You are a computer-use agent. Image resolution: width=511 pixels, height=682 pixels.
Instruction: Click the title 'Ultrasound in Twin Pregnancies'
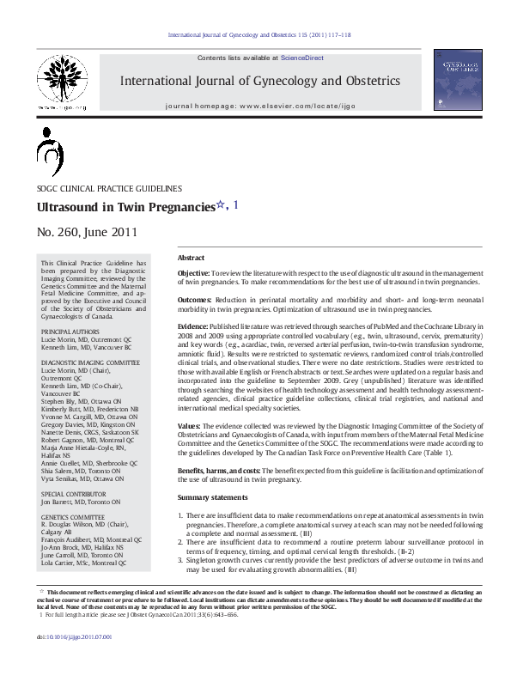click(x=125, y=208)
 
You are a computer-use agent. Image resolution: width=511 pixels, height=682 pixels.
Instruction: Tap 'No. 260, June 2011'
click(x=86, y=232)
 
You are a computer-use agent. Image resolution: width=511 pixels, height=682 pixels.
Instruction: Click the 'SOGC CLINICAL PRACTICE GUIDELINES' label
click(x=108, y=188)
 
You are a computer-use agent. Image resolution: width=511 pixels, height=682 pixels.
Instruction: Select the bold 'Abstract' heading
click(x=191, y=258)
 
